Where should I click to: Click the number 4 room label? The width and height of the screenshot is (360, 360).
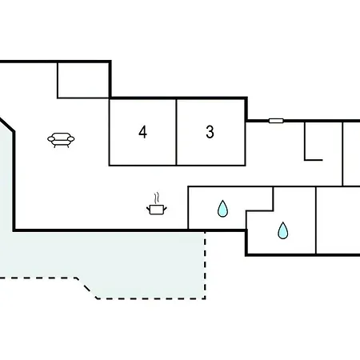pos(142,132)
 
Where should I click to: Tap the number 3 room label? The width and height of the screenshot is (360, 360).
pos(210,132)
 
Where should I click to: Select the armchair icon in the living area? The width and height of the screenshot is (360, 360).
pos(61,140)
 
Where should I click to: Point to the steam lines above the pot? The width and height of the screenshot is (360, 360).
pos(157,198)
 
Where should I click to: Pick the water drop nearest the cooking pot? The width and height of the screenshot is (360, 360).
pos(222,209)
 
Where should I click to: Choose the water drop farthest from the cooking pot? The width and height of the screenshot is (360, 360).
pos(283,230)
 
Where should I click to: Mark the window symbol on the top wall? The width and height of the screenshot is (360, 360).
pos(276,121)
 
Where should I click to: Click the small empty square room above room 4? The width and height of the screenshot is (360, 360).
pos(83,80)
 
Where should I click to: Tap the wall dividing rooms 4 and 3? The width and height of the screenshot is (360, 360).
pos(176,132)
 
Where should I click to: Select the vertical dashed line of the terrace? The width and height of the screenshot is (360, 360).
pos(205,265)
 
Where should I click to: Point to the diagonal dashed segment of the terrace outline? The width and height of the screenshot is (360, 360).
pos(86,288)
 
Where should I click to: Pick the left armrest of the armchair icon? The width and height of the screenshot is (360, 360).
pos(51,139)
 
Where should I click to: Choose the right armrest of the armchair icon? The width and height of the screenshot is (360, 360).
pos(71,139)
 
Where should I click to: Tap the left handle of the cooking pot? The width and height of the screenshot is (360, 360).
pos(149,209)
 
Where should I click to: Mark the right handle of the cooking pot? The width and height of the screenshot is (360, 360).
pos(165,209)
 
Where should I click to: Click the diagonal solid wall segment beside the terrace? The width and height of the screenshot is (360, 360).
pos(7,125)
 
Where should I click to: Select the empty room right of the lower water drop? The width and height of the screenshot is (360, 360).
pos(338,220)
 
